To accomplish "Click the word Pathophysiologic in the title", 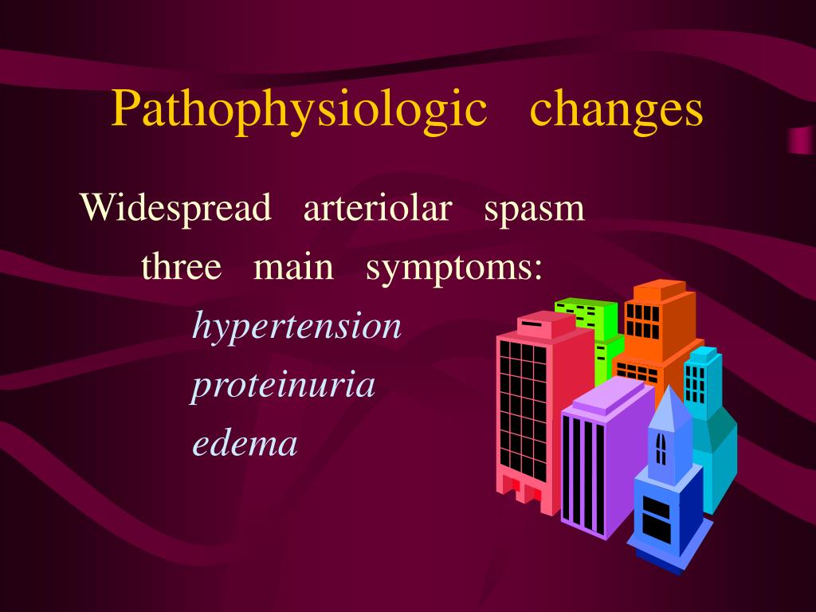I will point(299,109).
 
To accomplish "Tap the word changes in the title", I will point(617,109).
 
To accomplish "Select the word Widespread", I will point(175,209).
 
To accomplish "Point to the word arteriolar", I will point(378,209).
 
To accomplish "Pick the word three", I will point(182,268).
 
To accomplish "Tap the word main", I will point(293,268).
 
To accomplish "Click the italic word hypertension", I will point(297,327).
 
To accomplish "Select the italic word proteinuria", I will point(283,386).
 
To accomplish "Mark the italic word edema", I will point(245,443).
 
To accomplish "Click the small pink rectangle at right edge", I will point(800,140).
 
